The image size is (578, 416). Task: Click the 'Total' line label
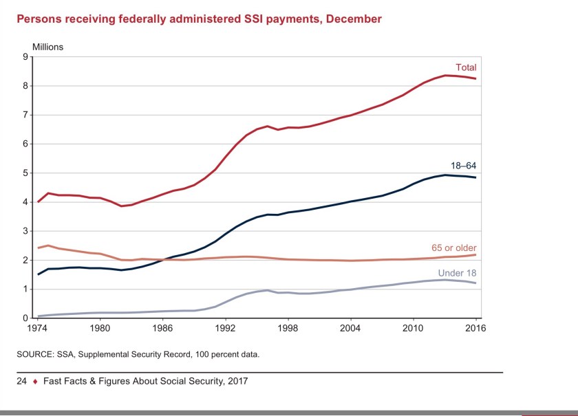pos(466,68)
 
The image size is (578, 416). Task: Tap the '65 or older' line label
pos(454,248)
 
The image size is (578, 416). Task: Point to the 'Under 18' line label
pos(458,273)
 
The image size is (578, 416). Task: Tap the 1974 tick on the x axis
pos(38,329)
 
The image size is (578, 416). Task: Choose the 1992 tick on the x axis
pos(225,329)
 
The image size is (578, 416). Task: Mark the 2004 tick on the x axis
pos(350,329)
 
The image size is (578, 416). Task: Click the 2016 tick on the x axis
pos(475,329)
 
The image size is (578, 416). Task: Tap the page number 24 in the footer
pos(22,381)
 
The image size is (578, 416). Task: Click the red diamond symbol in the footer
pos(34,381)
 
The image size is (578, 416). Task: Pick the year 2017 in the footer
pos(235,381)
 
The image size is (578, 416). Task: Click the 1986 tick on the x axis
pos(162,329)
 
